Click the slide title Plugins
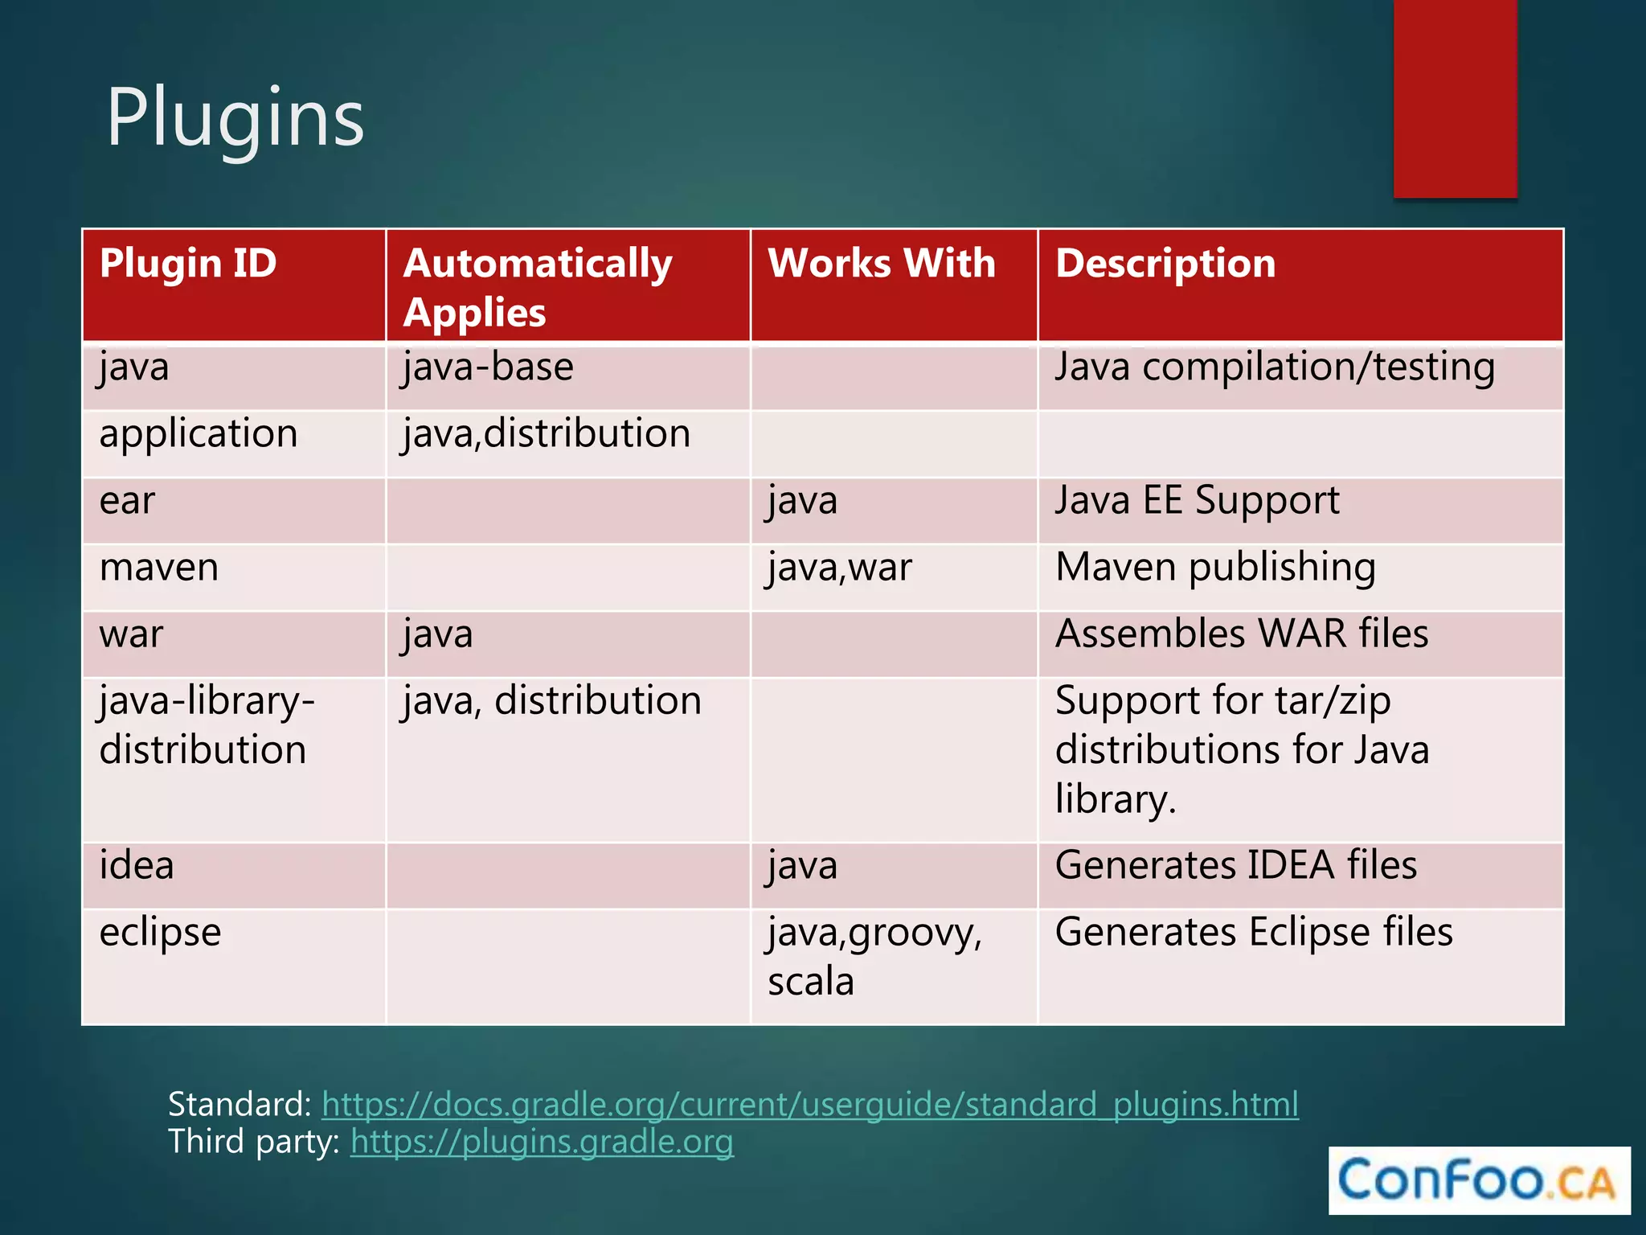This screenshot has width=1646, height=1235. (x=235, y=118)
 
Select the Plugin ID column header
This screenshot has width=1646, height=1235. (x=188, y=264)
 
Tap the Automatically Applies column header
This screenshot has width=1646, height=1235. (x=537, y=287)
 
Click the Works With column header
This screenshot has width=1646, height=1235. (x=881, y=264)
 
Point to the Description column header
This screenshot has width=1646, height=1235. (x=1165, y=264)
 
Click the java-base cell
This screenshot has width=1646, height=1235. (x=489, y=367)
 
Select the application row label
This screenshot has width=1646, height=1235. (x=199, y=434)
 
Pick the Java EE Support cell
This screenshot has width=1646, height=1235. (x=1197, y=501)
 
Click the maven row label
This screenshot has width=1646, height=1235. (x=159, y=568)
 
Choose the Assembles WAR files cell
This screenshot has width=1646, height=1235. (x=1242, y=634)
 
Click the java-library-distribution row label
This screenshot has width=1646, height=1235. (x=207, y=725)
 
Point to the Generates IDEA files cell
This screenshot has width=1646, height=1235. (x=1235, y=866)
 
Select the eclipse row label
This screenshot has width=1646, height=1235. (x=160, y=933)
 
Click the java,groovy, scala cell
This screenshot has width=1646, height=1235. (x=874, y=957)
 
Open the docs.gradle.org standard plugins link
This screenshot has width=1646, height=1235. (x=809, y=1105)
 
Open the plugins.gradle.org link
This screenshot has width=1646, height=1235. (x=542, y=1142)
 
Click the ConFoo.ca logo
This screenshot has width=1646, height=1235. (x=1478, y=1180)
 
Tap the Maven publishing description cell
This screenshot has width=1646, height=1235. (x=1215, y=568)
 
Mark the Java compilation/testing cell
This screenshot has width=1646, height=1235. (x=1275, y=367)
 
